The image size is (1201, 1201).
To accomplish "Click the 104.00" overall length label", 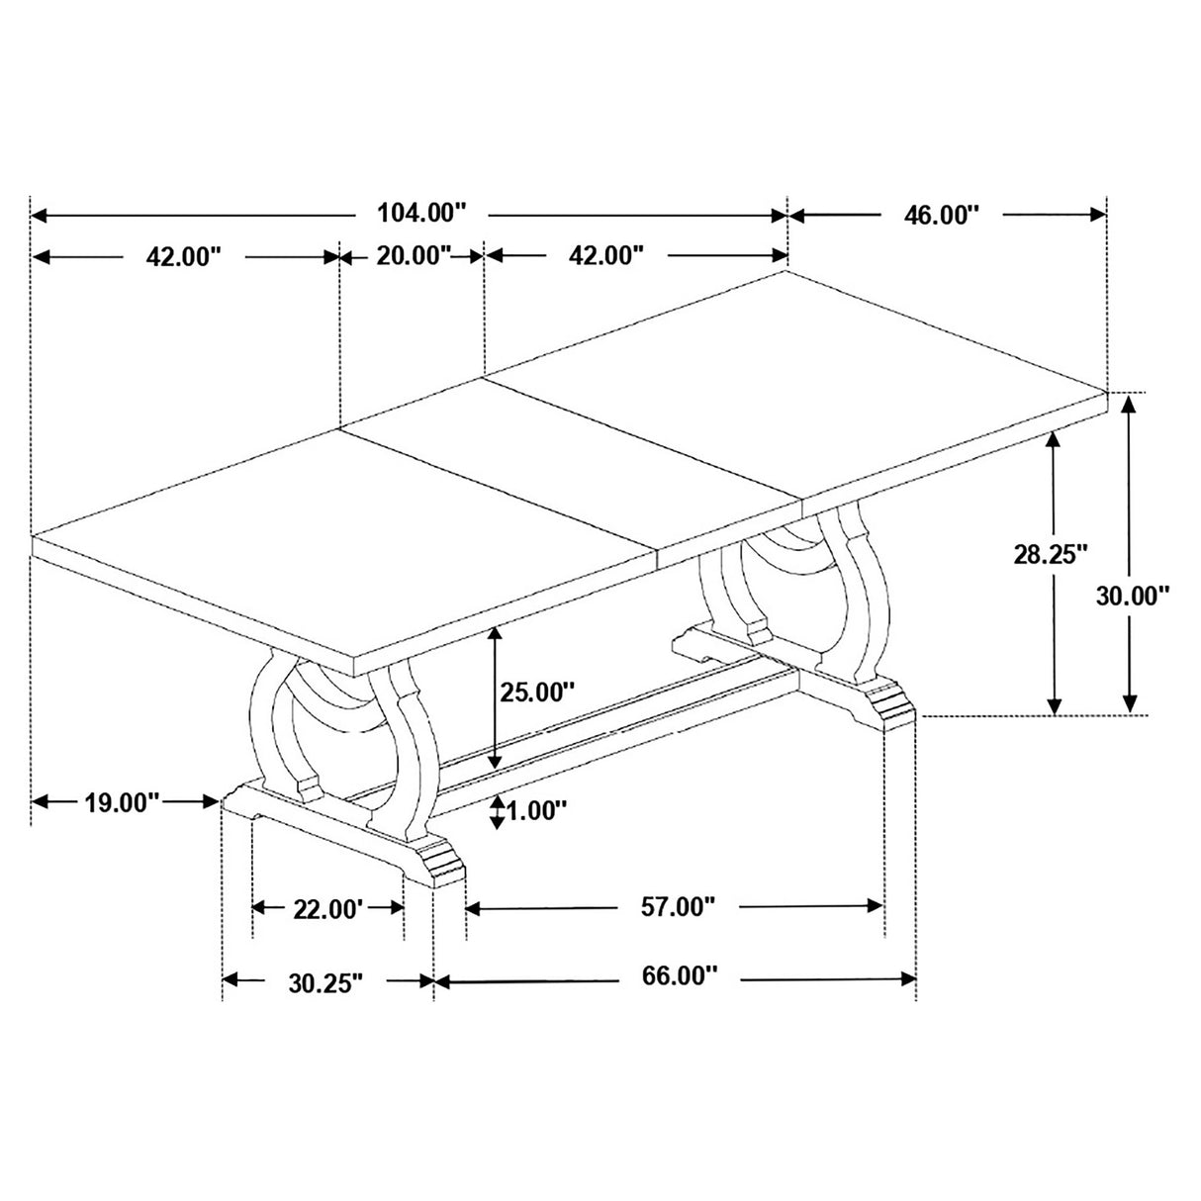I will (x=420, y=213).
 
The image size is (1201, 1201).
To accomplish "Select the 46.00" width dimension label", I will (x=941, y=216).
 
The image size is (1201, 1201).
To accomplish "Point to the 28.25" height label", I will (x=1051, y=554).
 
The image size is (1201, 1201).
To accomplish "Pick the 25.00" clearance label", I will (x=536, y=692).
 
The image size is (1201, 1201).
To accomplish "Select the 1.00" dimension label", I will (x=536, y=811).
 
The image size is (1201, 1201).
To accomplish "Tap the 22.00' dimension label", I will (x=328, y=907).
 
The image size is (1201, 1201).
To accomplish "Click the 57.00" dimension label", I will (x=677, y=906).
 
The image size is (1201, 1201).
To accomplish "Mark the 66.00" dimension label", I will (x=679, y=977).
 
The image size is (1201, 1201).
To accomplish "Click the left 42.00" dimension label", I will (x=182, y=257).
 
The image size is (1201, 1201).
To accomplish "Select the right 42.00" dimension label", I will (x=607, y=256).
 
